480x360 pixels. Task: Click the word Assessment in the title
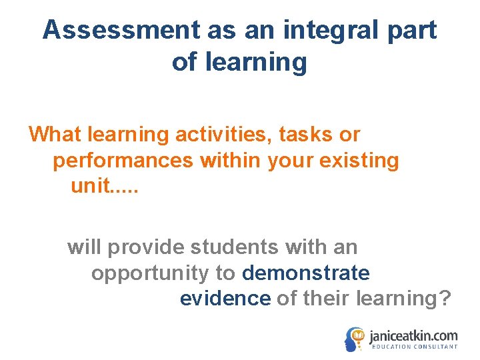coord(121,30)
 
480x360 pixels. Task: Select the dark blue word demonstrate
coord(306,273)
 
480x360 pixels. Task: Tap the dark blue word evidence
coord(225,299)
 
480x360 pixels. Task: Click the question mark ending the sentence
coord(445,299)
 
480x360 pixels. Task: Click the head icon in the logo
coord(355,339)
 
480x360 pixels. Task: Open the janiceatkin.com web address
coord(413,335)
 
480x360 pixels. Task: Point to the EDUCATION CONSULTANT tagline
coord(414,347)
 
